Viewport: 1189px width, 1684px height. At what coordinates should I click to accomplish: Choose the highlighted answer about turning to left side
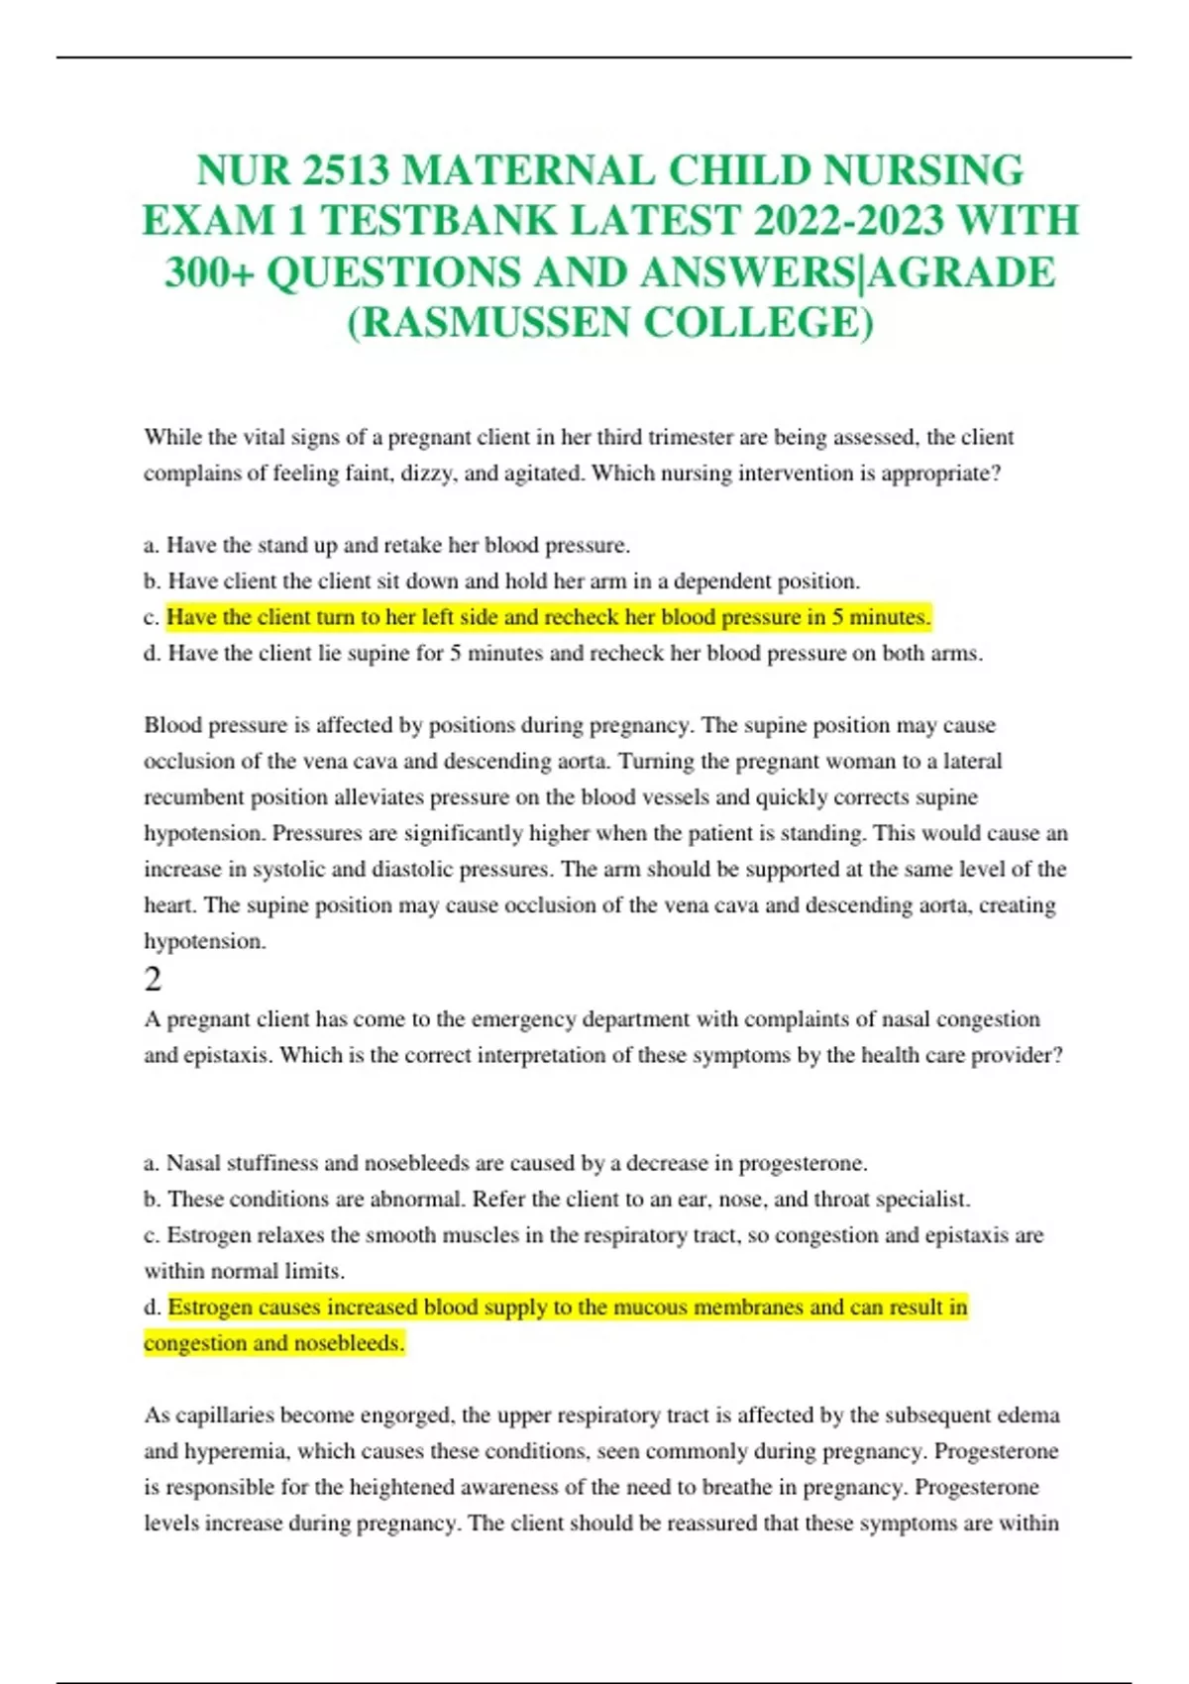(548, 617)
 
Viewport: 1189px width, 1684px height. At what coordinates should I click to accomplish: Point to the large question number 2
(153, 979)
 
